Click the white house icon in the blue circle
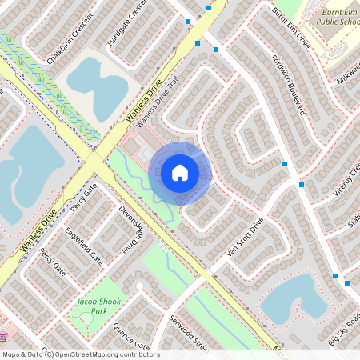(x=180, y=172)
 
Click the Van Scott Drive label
(x=245, y=238)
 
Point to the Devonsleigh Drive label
(x=131, y=229)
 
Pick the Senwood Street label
(x=189, y=331)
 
